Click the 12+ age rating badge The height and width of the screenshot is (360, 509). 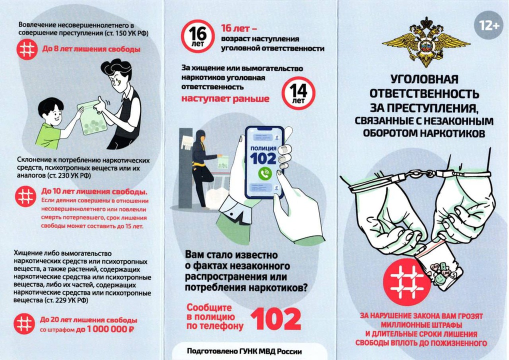[488, 25]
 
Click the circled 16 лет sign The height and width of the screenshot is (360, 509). [197, 36]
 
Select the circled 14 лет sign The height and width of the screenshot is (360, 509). [298, 93]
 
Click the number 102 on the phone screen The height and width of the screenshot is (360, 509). [263, 158]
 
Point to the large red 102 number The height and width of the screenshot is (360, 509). [276, 319]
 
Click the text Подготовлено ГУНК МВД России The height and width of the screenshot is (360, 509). [244, 351]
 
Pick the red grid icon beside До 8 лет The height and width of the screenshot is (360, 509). [27, 49]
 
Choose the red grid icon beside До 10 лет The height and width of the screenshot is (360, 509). [25, 196]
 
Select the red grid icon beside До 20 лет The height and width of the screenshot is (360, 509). [24, 323]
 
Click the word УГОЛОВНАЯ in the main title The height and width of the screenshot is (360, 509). [424, 79]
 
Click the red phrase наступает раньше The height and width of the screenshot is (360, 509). [225, 98]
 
